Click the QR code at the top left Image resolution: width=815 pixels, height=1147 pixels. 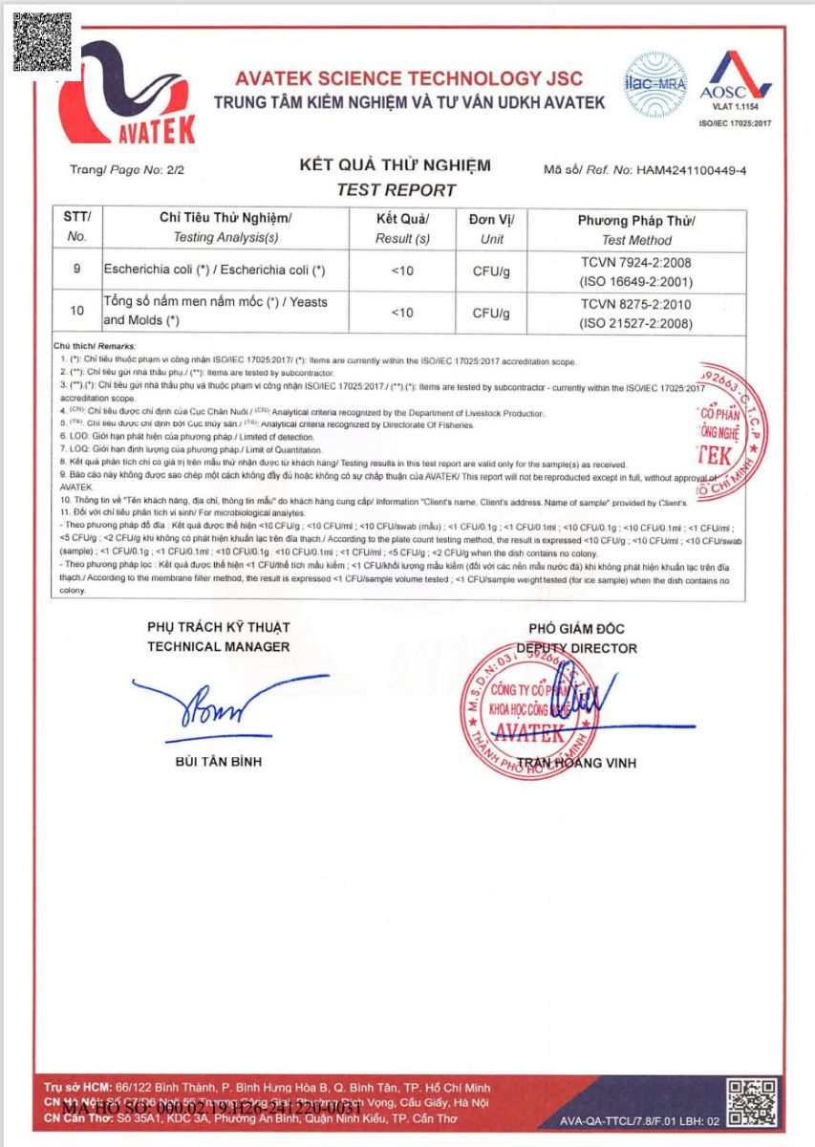click(x=42, y=42)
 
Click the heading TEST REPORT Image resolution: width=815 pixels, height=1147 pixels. click(x=396, y=190)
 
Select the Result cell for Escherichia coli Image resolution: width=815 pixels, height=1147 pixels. click(x=402, y=271)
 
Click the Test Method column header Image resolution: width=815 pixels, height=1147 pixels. click(x=636, y=230)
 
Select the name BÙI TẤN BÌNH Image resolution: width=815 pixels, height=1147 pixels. click(x=218, y=762)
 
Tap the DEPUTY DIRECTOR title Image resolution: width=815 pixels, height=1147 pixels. click(x=576, y=648)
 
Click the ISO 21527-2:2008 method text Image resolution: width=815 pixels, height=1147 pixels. click(x=637, y=323)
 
